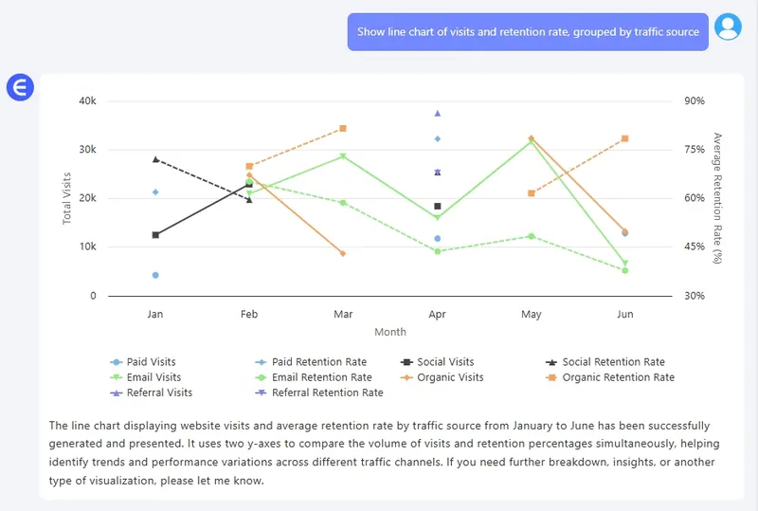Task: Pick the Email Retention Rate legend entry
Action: [321, 377]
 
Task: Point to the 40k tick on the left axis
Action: [87, 101]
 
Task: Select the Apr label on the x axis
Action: [437, 314]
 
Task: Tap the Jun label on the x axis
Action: [624, 314]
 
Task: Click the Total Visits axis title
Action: [67, 197]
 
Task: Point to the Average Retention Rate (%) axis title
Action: [717, 197]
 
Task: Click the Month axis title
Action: [389, 332]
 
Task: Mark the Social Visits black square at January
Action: [155, 234]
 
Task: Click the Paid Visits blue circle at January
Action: [155, 275]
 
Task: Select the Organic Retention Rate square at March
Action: [343, 128]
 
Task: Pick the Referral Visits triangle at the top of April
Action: [437, 113]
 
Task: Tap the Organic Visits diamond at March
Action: [343, 253]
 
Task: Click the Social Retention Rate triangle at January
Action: [155, 159]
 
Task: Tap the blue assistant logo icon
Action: [20, 88]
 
